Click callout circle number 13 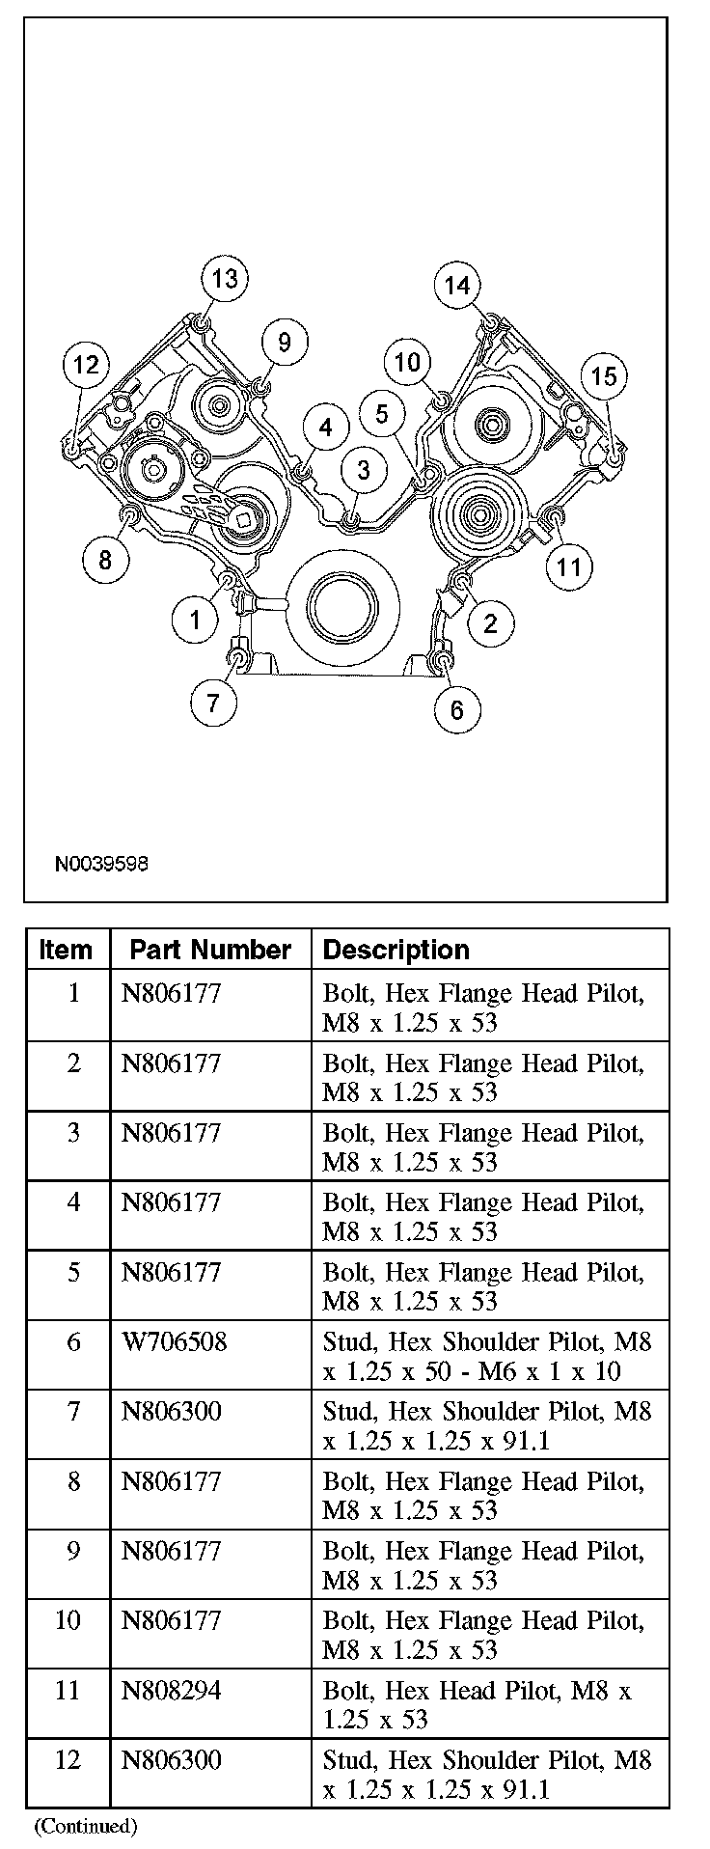coord(224,279)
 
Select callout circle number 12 coord(86,364)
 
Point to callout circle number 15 coord(603,375)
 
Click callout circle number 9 coord(284,342)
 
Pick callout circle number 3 coord(363,470)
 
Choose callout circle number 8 coord(105,559)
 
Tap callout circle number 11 coord(569,566)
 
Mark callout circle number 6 coord(456,709)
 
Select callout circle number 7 coord(213,702)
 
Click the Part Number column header coord(210,950)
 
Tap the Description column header coord(396,950)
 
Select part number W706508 coord(174,1342)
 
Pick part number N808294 coord(171,1690)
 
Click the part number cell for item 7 coord(171,1412)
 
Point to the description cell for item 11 coord(477,1704)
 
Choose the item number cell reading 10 coord(68,1620)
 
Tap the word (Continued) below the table coord(87,1825)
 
